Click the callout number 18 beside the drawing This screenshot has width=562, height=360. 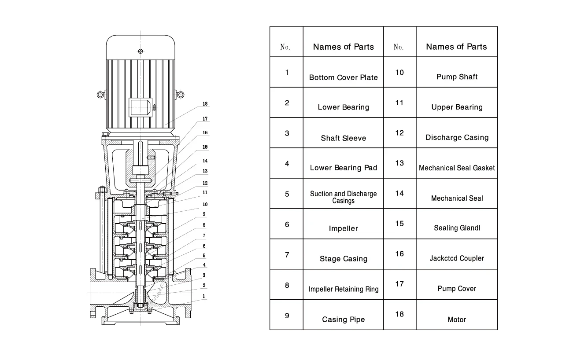(x=205, y=104)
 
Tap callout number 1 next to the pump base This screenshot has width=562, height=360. (x=204, y=296)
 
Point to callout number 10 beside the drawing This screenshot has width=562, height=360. (x=205, y=205)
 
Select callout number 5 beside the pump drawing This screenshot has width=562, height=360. (x=204, y=255)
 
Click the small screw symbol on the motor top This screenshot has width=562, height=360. (x=140, y=51)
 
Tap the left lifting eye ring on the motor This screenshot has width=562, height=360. (x=101, y=94)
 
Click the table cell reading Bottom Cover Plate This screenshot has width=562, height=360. (x=343, y=77)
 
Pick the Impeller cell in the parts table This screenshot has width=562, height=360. (x=343, y=228)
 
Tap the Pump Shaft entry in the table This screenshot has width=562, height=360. (x=457, y=77)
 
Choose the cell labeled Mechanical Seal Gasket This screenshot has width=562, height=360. (x=457, y=168)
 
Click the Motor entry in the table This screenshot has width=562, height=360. (x=457, y=320)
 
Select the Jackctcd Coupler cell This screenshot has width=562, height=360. (x=457, y=258)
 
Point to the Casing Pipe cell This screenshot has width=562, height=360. (x=343, y=320)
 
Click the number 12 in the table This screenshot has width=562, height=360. (x=399, y=133)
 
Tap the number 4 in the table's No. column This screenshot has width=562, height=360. (x=287, y=163)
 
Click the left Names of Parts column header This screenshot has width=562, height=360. (x=343, y=47)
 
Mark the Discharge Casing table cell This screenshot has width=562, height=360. (x=457, y=137)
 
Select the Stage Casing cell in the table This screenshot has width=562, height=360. (x=343, y=259)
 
